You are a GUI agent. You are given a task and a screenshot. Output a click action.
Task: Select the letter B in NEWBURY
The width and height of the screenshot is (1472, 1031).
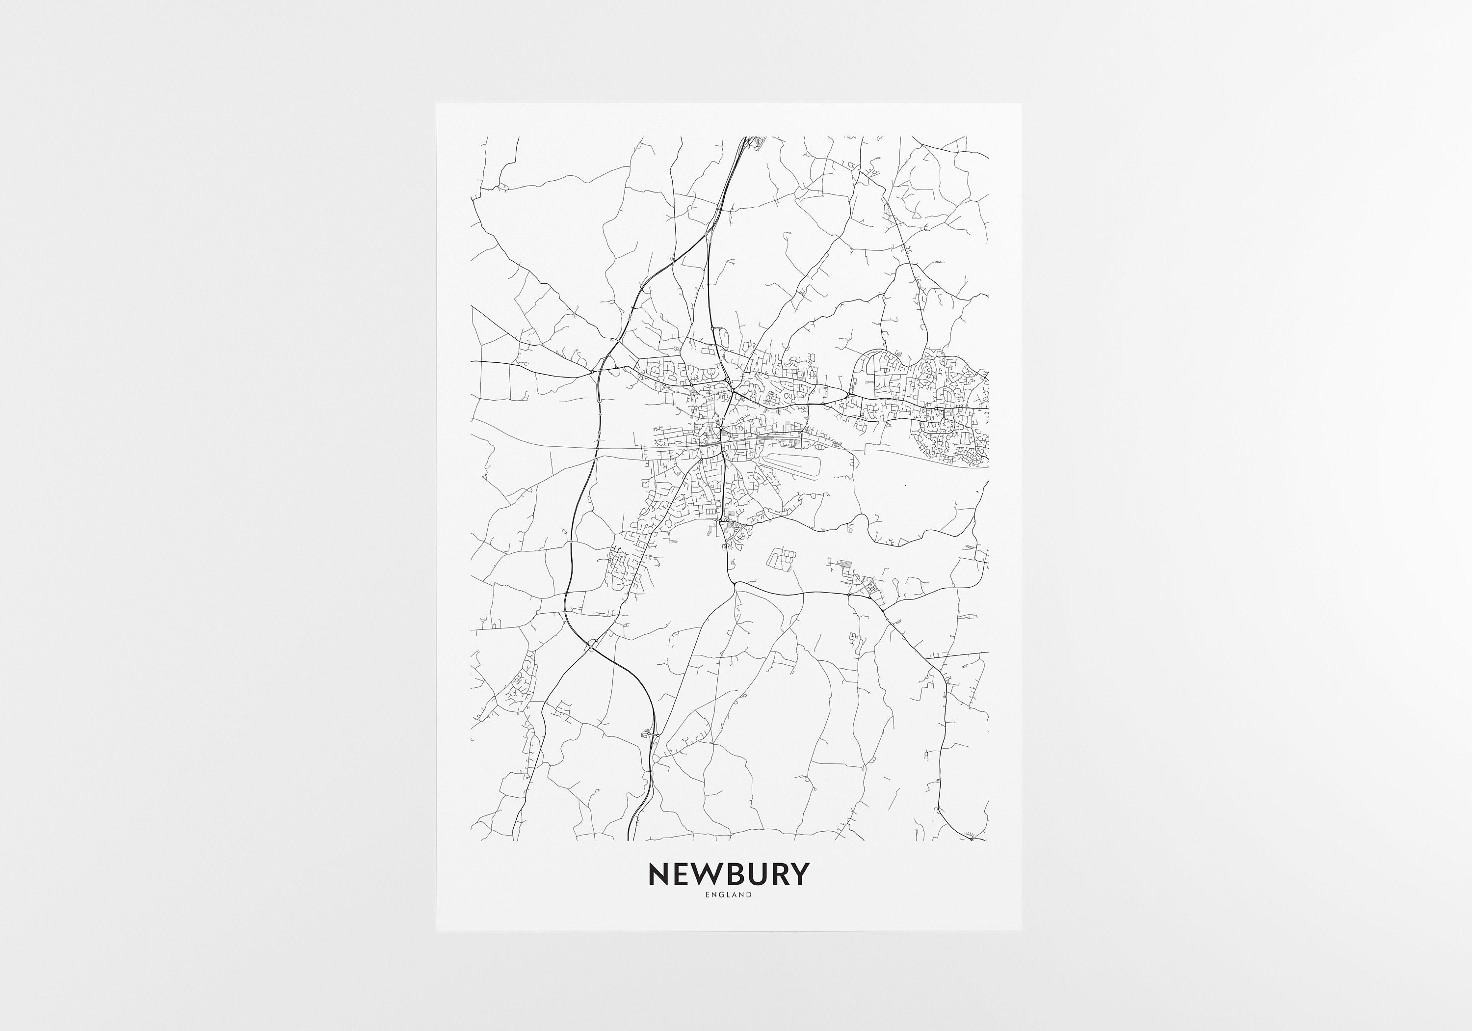(x=737, y=874)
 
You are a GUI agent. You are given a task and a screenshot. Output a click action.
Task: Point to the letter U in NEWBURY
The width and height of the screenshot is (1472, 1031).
(x=760, y=874)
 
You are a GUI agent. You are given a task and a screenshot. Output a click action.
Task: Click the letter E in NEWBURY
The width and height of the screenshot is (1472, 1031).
(x=684, y=874)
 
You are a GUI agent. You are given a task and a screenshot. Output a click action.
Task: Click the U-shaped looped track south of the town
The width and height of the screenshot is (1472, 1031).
(x=781, y=560)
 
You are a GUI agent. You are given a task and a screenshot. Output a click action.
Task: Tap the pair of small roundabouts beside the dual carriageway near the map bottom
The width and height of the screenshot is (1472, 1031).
(x=653, y=734)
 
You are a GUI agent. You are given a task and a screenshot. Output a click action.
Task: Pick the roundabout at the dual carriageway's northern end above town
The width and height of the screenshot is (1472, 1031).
(x=713, y=328)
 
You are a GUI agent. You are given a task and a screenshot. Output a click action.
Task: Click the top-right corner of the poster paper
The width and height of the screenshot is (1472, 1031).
(x=1021, y=104)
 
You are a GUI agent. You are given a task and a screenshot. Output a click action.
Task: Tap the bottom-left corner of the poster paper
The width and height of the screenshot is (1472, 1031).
(x=437, y=931)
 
